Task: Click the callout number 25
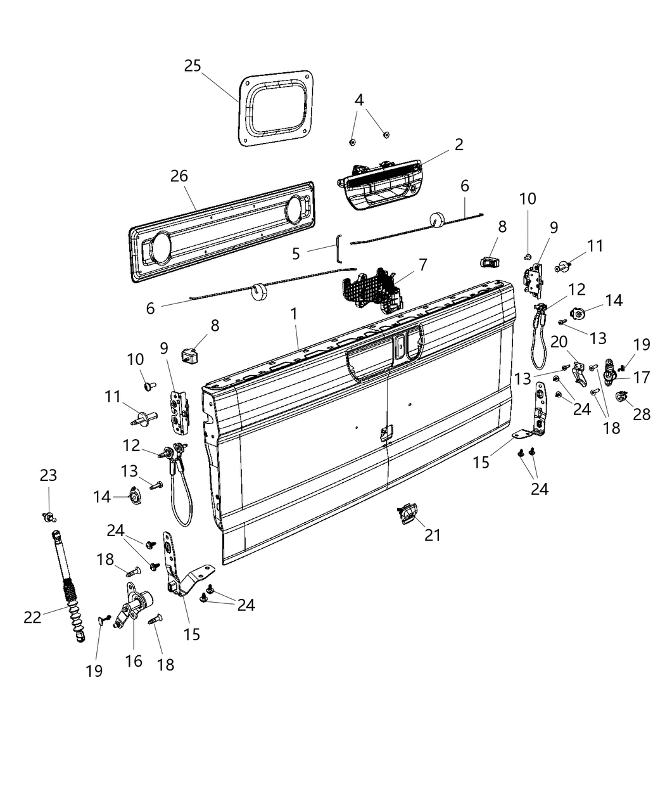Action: (193, 65)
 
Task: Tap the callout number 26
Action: (179, 176)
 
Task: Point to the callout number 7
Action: (422, 264)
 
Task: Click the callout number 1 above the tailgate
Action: (293, 313)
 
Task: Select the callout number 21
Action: (432, 535)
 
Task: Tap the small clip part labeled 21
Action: (406, 513)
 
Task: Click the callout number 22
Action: (32, 616)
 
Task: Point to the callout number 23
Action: (49, 475)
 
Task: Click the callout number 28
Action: (642, 414)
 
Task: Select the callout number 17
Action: (642, 378)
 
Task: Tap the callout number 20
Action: (559, 342)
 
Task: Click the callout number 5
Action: (296, 253)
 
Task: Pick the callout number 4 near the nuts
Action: (359, 100)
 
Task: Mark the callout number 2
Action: (459, 144)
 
